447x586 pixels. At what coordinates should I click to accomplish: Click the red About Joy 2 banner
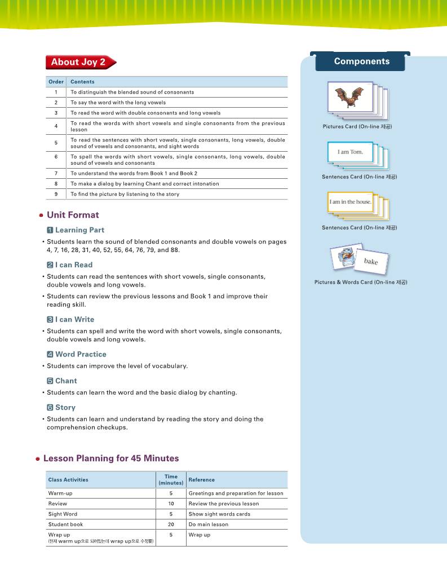79,62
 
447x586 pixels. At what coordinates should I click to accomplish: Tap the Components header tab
361,61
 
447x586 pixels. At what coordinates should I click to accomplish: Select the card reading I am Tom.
350,152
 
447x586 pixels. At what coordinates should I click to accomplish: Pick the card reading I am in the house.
350,201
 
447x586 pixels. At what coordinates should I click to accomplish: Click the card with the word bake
370,261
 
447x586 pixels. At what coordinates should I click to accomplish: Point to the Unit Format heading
72,215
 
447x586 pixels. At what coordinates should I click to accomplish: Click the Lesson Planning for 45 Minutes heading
110,459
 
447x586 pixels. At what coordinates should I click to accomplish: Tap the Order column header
56,82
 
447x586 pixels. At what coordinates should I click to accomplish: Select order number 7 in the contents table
56,173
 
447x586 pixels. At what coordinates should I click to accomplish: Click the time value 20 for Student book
171,525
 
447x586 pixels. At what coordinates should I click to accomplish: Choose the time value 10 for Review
171,504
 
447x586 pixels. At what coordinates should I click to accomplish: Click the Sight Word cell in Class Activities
63,514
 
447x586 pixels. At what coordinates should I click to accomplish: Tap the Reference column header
201,480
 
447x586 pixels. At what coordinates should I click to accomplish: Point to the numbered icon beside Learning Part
50,230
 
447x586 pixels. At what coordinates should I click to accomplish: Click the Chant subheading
66,381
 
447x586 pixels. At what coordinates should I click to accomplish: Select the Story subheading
65,407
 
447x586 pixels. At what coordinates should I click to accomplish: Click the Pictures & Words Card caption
360,282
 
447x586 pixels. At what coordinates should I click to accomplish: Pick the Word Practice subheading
81,354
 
